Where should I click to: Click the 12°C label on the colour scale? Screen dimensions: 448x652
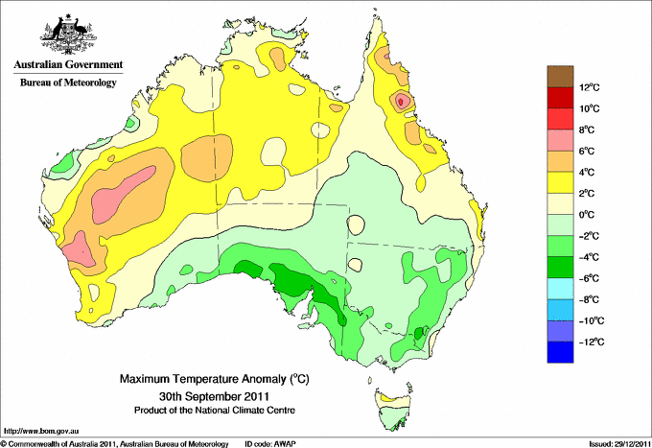pyautogui.click(x=590, y=88)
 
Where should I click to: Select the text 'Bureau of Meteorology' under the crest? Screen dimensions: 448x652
pyautogui.click(x=67, y=83)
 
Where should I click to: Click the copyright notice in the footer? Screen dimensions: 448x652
pyautogui.click(x=115, y=443)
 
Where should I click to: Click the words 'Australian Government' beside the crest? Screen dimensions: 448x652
pyautogui.click(x=67, y=64)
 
